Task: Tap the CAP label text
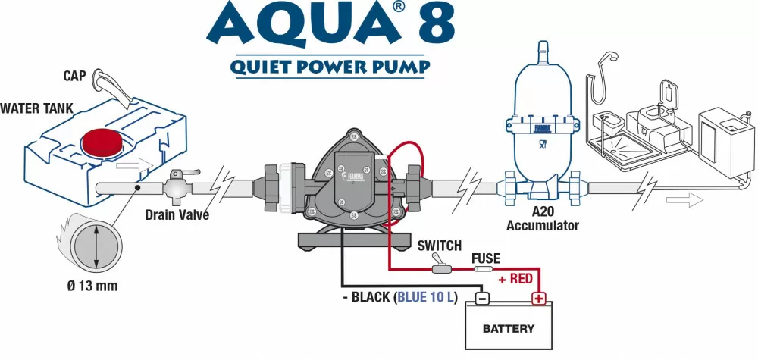[75, 76]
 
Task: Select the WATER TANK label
[36, 108]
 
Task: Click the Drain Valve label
[177, 214]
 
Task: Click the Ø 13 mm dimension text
[92, 286]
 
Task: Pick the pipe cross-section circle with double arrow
[96, 246]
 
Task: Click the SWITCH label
[440, 246]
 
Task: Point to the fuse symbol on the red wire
[484, 269]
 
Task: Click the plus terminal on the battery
[538, 299]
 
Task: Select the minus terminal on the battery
[481, 299]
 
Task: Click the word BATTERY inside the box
[508, 329]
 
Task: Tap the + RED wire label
[515, 279]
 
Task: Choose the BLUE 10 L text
[426, 297]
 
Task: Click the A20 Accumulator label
[543, 219]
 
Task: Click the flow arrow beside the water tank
[135, 167]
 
